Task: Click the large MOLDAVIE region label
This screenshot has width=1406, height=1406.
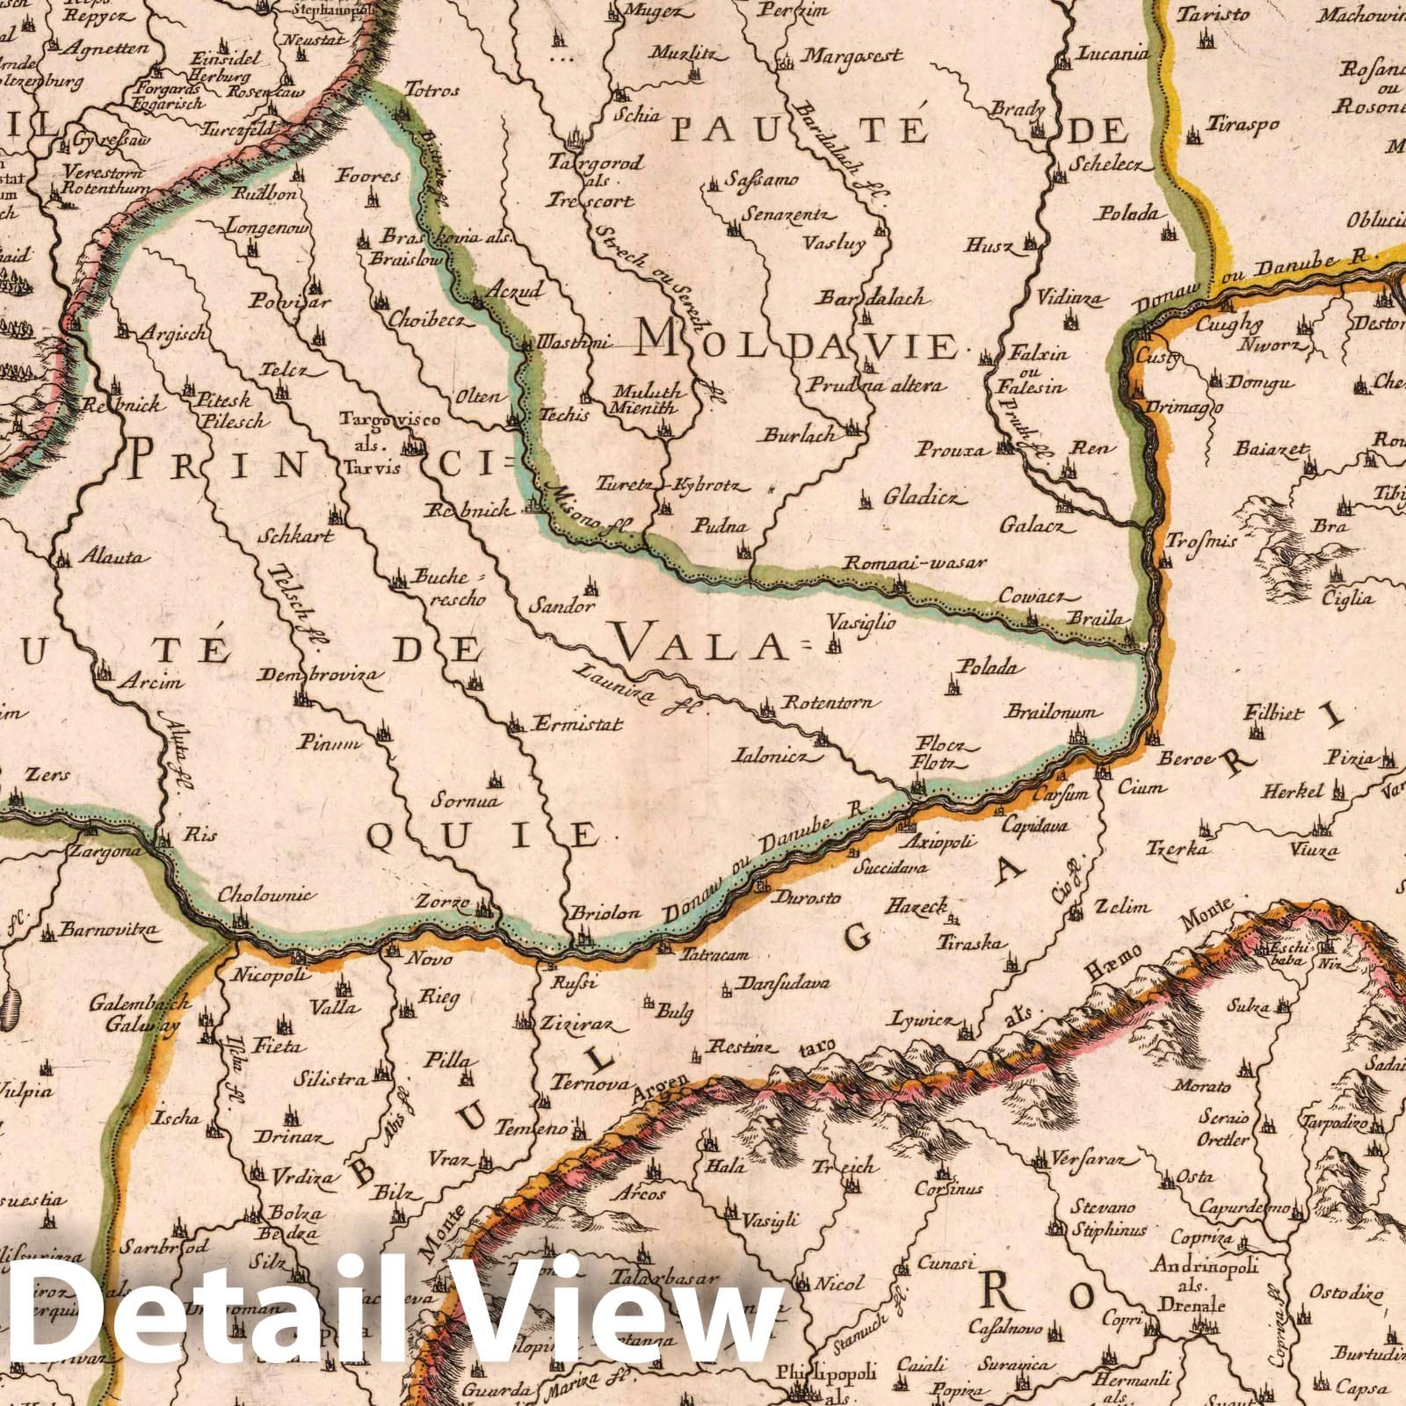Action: click(795, 345)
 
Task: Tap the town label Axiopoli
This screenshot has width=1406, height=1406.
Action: click(940, 842)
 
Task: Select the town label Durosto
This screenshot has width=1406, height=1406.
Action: click(806, 898)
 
